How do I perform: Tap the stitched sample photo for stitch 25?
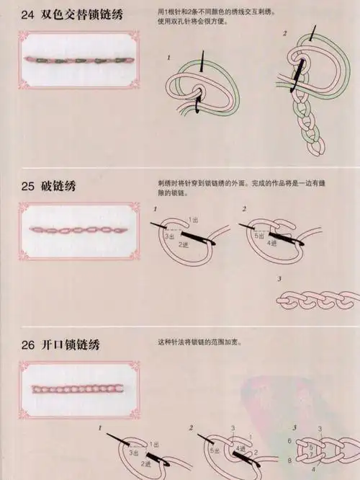pyautogui.click(x=78, y=229)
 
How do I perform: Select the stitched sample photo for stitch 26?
pyautogui.click(x=78, y=389)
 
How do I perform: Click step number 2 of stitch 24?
pyautogui.click(x=284, y=34)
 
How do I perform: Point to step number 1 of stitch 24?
pyautogui.click(x=168, y=57)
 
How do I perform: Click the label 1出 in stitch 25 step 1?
pyautogui.click(x=194, y=219)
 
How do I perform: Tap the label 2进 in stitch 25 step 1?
pyautogui.click(x=183, y=245)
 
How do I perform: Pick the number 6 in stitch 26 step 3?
pyautogui.click(x=289, y=440)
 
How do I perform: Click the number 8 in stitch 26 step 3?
pyautogui.click(x=289, y=460)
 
